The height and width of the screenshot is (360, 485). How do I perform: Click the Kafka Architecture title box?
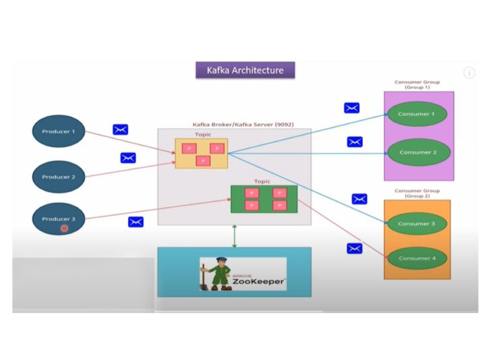click(x=245, y=70)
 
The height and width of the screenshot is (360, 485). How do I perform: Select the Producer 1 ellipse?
click(x=59, y=131)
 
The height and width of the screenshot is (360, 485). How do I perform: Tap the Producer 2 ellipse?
click(x=59, y=177)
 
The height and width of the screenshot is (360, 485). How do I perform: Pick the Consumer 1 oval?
click(x=418, y=114)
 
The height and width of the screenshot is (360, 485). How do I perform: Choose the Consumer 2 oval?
click(x=418, y=152)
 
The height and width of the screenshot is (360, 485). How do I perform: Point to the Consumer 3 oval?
click(x=417, y=224)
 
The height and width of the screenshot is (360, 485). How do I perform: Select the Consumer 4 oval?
click(x=417, y=258)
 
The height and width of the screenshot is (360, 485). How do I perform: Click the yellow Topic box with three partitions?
click(x=201, y=153)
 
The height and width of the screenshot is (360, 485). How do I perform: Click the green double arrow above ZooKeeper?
click(x=234, y=236)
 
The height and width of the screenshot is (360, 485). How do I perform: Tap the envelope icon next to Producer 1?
click(x=121, y=129)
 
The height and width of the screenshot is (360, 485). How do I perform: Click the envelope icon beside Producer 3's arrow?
click(x=136, y=221)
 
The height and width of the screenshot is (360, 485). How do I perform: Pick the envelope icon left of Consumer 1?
click(x=352, y=108)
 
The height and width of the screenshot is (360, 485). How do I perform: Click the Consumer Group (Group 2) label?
click(x=417, y=193)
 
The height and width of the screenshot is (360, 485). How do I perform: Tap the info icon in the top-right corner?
click(x=469, y=73)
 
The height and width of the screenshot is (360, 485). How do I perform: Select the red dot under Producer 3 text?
click(x=64, y=229)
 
